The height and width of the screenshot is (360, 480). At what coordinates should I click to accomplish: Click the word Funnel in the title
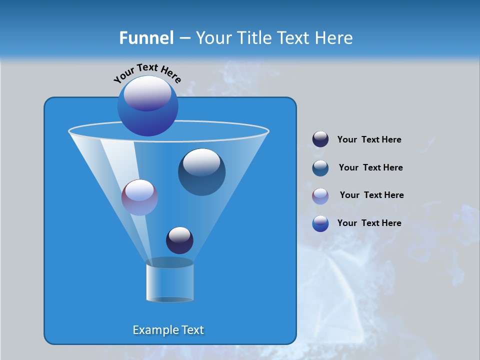tap(146, 38)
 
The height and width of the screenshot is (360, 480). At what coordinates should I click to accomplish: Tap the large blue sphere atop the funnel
tap(148, 106)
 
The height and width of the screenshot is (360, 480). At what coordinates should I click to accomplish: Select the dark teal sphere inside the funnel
tap(201, 172)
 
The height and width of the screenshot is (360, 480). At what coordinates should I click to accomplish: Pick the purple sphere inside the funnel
tap(139, 197)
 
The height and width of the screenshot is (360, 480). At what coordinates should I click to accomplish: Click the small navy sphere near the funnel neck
tap(179, 240)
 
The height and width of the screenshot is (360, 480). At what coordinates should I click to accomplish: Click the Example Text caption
tap(168, 330)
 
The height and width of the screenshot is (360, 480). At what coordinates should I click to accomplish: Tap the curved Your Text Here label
tap(147, 72)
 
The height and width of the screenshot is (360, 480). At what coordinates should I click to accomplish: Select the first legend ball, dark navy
tap(320, 139)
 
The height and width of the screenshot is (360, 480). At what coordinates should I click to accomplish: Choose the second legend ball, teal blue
tap(320, 168)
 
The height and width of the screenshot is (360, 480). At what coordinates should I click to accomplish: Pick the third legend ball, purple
tap(320, 196)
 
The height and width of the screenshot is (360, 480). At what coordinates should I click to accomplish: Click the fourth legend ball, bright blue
tap(320, 223)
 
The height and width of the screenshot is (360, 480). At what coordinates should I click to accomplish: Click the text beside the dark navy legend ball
tap(369, 140)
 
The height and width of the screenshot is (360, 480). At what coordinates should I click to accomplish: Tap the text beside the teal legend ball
tap(370, 168)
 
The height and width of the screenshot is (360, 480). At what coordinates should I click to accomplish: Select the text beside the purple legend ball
tap(371, 195)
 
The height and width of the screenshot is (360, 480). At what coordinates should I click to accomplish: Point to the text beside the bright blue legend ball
tap(369, 223)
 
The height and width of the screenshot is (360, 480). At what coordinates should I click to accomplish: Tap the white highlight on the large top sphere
tap(147, 93)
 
